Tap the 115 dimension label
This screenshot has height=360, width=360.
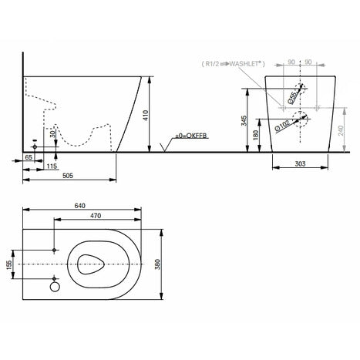coord(52,166)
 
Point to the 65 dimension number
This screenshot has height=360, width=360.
coord(28,156)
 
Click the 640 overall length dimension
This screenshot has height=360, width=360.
coord(81,206)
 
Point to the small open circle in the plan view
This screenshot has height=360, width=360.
coord(54,288)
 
